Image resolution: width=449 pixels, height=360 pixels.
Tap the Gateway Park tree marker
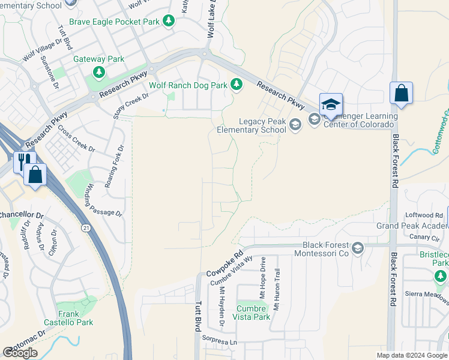(98, 73)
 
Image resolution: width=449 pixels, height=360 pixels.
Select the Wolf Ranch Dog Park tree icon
(237, 85)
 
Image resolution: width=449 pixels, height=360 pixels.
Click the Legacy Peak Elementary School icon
(294, 124)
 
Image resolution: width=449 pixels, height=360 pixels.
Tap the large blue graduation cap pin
(330, 105)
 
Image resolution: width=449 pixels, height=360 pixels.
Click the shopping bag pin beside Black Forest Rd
(401, 94)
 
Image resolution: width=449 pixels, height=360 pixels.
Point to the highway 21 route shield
(86, 228)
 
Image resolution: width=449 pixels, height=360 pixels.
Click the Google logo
(20, 353)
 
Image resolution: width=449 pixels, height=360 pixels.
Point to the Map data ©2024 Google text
(411, 355)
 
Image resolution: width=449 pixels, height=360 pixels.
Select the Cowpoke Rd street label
(224, 263)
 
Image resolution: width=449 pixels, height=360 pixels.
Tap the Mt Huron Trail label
(277, 289)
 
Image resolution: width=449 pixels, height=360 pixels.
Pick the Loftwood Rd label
(424, 215)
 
